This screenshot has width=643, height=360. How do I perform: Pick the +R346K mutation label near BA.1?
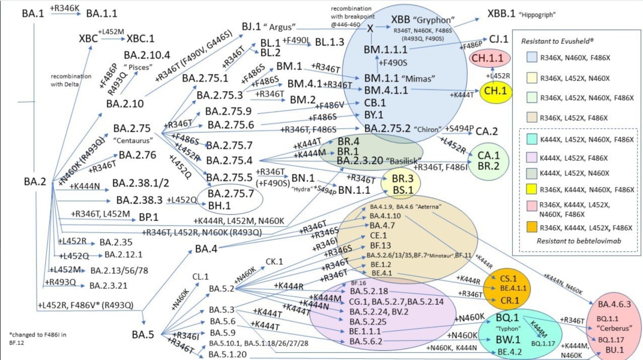pyautogui.click(x=65, y=7)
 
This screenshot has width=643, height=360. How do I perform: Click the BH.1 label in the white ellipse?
pyautogui.click(x=220, y=205)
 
